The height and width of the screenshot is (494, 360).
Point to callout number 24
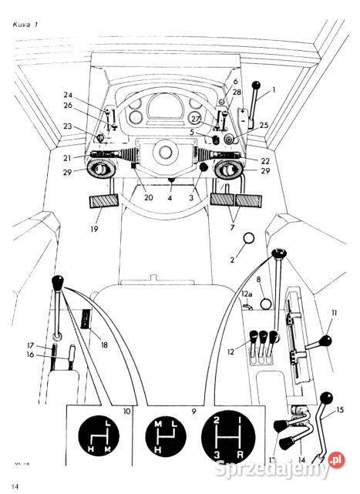click(x=68, y=96)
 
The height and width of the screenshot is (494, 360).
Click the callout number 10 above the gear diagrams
click(x=127, y=412)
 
